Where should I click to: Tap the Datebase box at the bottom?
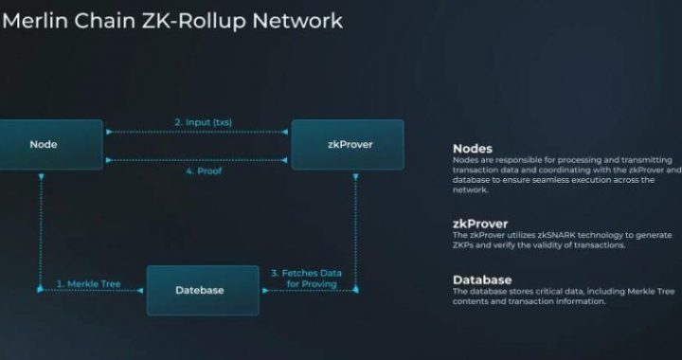(201, 290)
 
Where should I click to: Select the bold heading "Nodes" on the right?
(473, 148)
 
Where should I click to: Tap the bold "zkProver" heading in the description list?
(481, 225)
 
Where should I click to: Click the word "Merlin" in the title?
(38, 20)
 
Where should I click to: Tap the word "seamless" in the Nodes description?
(567, 178)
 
